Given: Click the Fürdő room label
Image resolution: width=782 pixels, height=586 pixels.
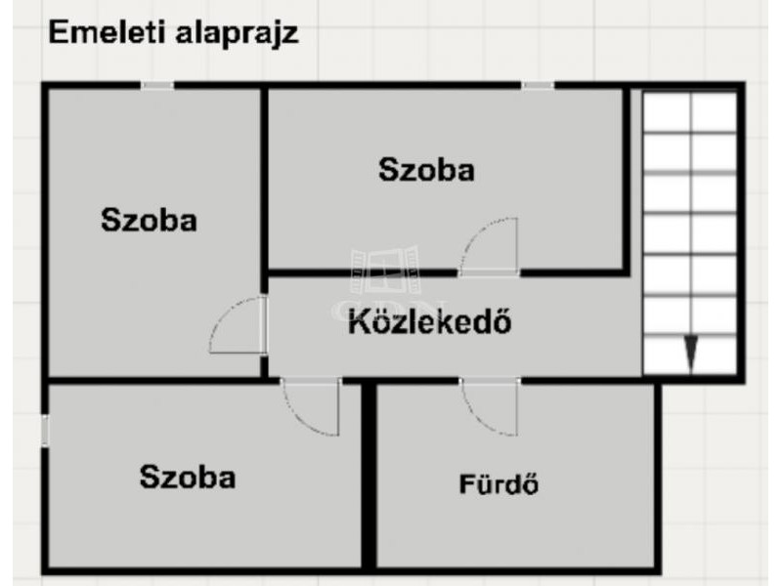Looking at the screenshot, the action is [x=499, y=483].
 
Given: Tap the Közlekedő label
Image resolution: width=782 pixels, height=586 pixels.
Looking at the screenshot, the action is [x=430, y=321].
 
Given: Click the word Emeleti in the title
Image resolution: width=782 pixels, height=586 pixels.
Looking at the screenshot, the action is [x=107, y=32].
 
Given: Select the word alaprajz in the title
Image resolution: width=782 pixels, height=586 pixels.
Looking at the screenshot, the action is [x=237, y=34].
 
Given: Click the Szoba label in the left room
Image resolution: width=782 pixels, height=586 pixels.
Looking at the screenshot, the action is [x=149, y=220].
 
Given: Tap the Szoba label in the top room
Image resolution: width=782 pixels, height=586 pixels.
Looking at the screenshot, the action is [x=426, y=169].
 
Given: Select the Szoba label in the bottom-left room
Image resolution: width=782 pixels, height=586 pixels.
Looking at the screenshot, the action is [x=188, y=477].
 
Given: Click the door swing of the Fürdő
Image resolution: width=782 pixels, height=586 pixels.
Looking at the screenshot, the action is [x=490, y=406].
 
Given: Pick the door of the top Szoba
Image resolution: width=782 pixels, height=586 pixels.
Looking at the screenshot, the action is [x=489, y=247].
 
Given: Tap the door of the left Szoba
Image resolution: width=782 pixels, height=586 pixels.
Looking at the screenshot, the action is [x=239, y=325].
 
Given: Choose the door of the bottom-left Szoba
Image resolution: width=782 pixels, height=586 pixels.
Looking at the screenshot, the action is [x=311, y=406].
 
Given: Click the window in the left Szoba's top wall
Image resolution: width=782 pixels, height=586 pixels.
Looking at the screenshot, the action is [x=157, y=86].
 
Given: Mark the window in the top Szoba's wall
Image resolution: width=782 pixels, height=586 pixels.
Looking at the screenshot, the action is [x=539, y=86].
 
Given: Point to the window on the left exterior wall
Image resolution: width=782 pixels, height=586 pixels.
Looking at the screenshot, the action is [x=45, y=431].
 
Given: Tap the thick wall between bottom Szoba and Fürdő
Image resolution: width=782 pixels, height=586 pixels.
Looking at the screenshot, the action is [x=369, y=476].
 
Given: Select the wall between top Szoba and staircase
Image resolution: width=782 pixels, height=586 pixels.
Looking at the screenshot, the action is [x=627, y=180].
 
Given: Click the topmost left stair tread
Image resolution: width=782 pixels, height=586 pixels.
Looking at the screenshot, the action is [x=667, y=112].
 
